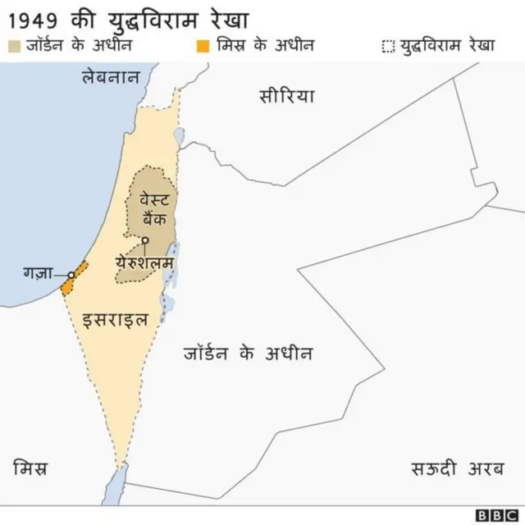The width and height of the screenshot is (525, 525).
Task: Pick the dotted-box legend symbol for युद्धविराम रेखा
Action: point(388,45)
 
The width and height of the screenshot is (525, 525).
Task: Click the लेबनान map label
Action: point(112,77)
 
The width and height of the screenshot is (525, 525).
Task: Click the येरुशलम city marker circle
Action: point(145,240)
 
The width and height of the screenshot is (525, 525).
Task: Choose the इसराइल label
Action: point(116,318)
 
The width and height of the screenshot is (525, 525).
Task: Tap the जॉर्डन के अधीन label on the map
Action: point(247,354)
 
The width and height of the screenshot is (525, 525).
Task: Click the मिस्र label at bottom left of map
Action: point(30,469)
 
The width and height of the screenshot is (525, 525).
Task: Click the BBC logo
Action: point(495,514)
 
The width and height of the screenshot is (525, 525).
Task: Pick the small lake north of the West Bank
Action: point(179,134)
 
